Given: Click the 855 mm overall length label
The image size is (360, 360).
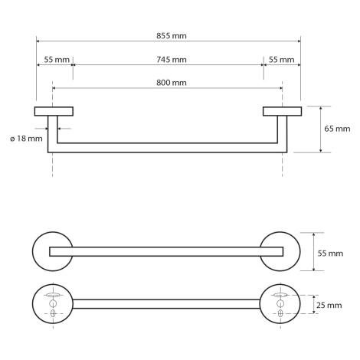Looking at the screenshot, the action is point(172,36).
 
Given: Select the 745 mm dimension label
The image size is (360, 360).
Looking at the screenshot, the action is point(172,60).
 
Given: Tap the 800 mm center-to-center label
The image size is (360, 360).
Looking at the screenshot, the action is point(172,83).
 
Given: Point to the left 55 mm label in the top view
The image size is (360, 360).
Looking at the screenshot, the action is point(57,60).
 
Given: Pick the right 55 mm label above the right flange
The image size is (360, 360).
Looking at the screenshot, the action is point(281,60).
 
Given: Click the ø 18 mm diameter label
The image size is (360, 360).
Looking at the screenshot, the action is point(26,139).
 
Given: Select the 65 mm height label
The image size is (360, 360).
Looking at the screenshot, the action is point(337,129).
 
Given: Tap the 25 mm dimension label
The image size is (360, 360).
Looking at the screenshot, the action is point(329,305).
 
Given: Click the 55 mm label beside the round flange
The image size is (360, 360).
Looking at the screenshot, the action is point(330,254).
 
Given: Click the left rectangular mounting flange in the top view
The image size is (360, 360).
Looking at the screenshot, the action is point(54,111).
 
